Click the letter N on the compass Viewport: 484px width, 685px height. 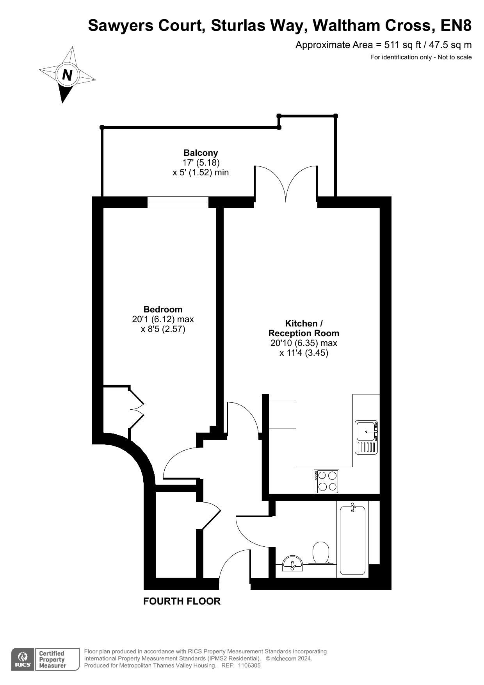[x=68, y=75]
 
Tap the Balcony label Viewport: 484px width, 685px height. [x=201, y=153]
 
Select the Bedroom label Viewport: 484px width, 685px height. [x=163, y=309]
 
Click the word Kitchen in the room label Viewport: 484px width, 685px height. [x=301, y=323]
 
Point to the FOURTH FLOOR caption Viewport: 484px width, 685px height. [x=182, y=601]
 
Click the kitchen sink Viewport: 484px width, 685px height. [x=367, y=437]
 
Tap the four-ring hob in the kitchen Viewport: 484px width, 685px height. [x=327, y=481]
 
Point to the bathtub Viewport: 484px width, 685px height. [x=352, y=540]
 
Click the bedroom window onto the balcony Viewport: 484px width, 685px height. [x=178, y=202]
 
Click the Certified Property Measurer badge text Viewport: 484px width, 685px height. [x=52, y=660]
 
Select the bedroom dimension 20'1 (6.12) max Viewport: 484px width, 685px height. [x=163, y=319]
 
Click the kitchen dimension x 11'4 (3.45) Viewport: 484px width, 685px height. [x=304, y=353]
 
